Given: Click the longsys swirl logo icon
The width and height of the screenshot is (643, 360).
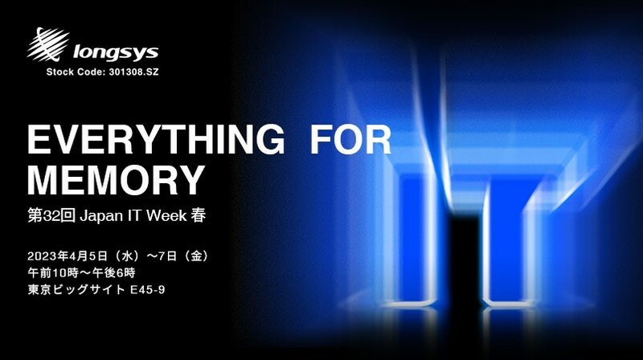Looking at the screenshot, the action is click(48, 43).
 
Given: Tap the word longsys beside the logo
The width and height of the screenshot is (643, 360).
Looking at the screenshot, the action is click(116, 52).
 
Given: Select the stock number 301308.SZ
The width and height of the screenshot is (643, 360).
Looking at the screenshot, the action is click(133, 72).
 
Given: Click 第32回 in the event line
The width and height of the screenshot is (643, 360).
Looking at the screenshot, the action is click(51, 215).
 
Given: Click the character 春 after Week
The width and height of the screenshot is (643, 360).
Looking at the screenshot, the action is click(198, 215).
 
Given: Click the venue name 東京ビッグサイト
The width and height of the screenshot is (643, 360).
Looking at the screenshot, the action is click(76, 289).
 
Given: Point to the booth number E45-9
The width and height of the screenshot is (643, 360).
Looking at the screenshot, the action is click(148, 290).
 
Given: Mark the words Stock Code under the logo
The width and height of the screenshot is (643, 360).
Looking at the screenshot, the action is click(76, 72).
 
